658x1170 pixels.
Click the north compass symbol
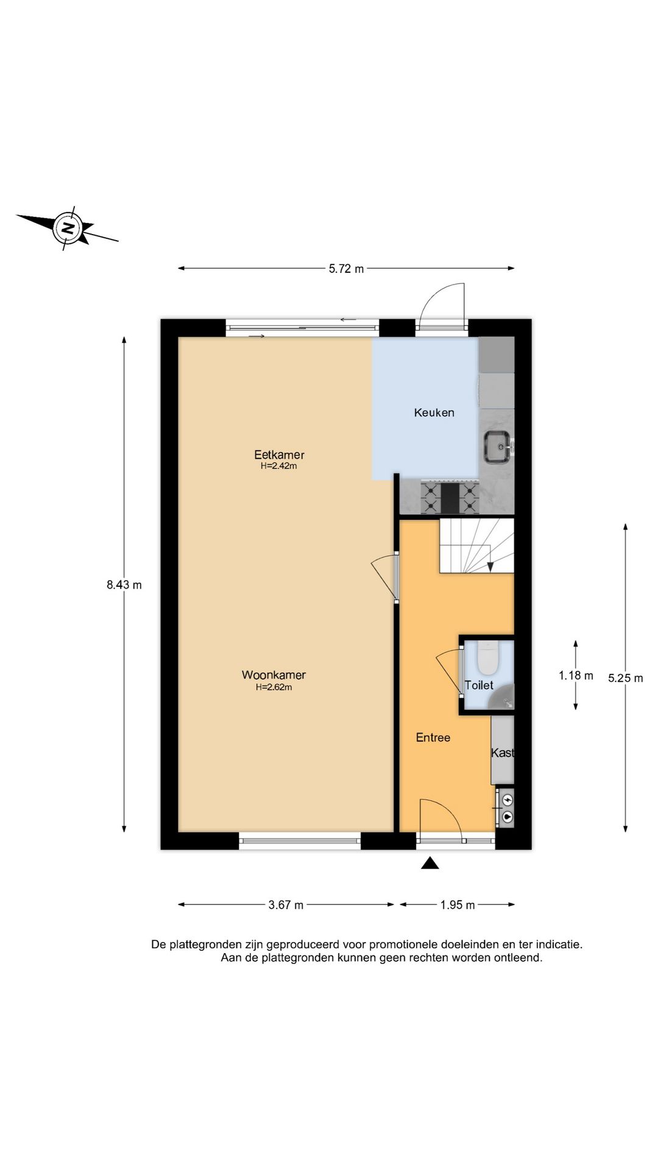pos(67,228)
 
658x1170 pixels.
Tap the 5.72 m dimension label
pos(346,269)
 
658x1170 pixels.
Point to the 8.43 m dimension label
pos(124,585)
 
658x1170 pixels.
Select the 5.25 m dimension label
pos(625,678)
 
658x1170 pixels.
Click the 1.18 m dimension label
pos(576,675)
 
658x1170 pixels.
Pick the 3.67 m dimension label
pos(286,905)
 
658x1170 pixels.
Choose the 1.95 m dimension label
pos(458,905)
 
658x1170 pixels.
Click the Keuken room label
pos(434,413)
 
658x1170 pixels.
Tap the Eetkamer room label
pos(279,455)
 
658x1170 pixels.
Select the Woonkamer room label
pos(274,675)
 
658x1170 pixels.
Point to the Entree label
pos(433,737)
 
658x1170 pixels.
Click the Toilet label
pos(479,685)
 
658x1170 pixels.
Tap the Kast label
pos(503,753)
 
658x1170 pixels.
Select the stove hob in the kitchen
pos(450,497)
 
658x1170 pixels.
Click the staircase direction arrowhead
pos(490,567)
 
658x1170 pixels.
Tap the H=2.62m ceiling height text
pos(274,687)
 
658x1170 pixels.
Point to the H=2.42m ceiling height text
pos(278,466)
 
